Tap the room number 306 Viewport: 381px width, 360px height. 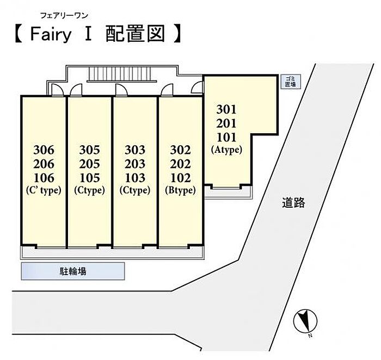(44, 150)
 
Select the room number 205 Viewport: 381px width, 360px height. (90, 164)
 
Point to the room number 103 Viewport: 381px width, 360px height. (135, 177)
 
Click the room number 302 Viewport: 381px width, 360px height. (180, 150)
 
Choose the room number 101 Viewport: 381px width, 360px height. (226, 136)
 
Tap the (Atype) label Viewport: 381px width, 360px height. (226, 150)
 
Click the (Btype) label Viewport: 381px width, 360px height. (180, 190)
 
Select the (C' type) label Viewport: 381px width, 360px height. (44, 190)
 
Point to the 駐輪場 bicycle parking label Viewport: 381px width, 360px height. (72, 271)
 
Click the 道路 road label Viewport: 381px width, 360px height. (293, 203)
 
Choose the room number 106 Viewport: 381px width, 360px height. (44, 177)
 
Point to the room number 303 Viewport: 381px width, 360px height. (135, 150)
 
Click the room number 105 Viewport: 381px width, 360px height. (90, 177)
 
